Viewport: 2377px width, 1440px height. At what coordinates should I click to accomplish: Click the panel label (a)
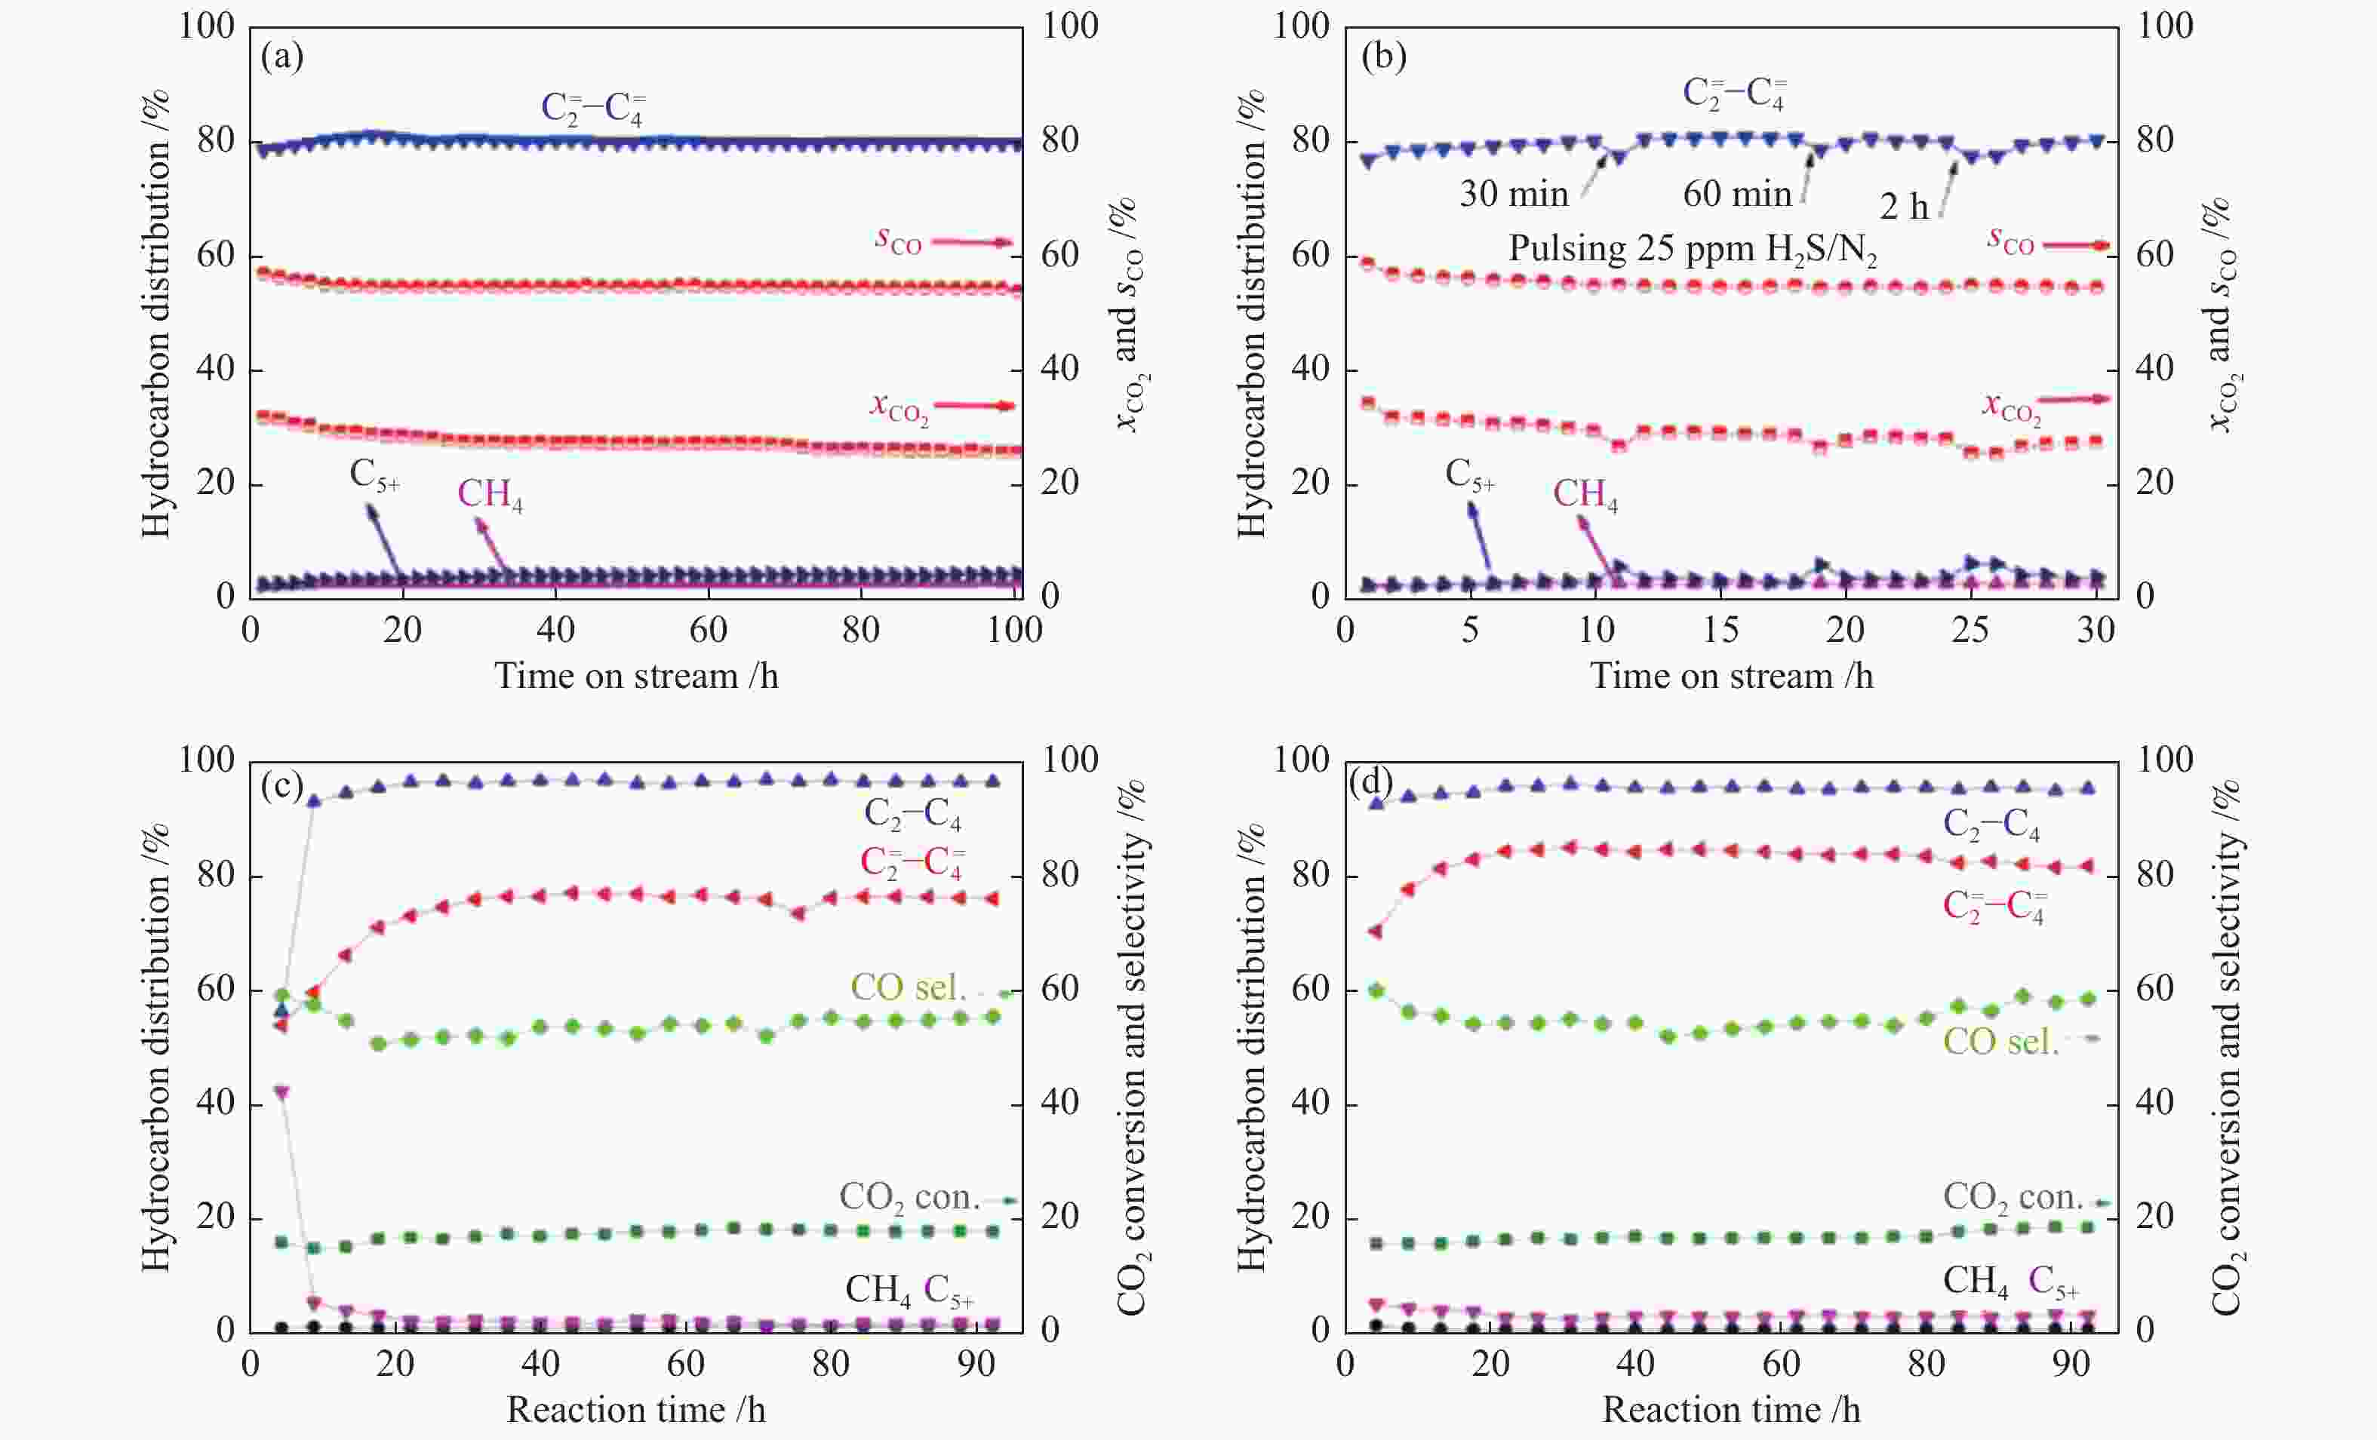[281, 57]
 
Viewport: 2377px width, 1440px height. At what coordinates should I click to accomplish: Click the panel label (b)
[1382, 57]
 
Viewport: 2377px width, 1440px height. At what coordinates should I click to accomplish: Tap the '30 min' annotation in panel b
[1514, 195]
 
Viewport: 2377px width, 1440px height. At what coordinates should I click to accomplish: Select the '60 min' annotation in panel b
[1736, 195]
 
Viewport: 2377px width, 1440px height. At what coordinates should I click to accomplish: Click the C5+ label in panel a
[374, 475]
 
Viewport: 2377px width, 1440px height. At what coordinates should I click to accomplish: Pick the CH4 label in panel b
[1584, 495]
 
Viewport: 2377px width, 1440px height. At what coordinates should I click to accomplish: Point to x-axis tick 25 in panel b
[1970, 631]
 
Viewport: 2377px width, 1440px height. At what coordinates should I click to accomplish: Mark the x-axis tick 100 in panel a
[1015, 631]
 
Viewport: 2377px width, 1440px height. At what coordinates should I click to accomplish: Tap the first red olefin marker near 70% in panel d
[1376, 932]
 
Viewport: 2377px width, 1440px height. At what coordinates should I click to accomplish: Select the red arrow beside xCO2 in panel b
[2074, 399]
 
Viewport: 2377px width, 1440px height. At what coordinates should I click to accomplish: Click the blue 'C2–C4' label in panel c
[912, 815]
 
